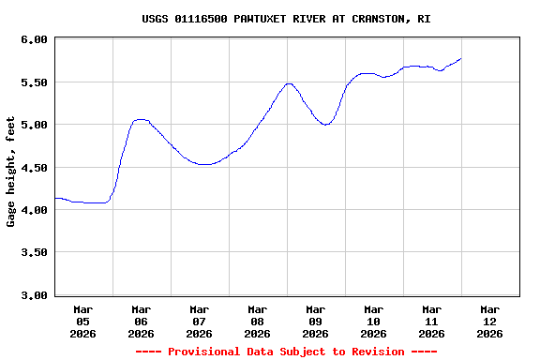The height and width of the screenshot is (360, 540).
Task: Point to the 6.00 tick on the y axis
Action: pos(33,39)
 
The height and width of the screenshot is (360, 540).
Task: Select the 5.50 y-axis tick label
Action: pos(33,82)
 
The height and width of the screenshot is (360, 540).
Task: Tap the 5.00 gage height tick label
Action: pos(33,125)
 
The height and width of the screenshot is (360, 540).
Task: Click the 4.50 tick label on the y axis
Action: pos(33,168)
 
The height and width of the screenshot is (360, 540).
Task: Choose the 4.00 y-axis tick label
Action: pos(33,210)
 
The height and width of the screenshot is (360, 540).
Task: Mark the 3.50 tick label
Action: pos(33,253)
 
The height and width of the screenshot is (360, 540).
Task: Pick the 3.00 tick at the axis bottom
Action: pos(33,295)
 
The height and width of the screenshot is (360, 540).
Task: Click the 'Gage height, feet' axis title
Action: pos(11,172)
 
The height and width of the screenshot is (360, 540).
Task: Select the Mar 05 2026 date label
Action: pos(83,321)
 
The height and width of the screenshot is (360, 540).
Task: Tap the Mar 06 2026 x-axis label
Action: pos(142,321)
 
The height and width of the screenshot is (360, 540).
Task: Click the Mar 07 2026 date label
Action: pos(200,321)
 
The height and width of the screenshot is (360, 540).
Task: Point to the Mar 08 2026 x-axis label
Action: pos(258,321)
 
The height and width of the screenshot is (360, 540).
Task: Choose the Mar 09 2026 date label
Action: pos(316,321)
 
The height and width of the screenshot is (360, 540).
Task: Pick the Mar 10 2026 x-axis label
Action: pos(374,321)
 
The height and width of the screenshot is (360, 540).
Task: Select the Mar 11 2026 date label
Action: pos(432,321)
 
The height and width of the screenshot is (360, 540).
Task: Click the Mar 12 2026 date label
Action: pos(490,321)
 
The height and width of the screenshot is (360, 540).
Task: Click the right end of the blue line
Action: pos(461,59)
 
